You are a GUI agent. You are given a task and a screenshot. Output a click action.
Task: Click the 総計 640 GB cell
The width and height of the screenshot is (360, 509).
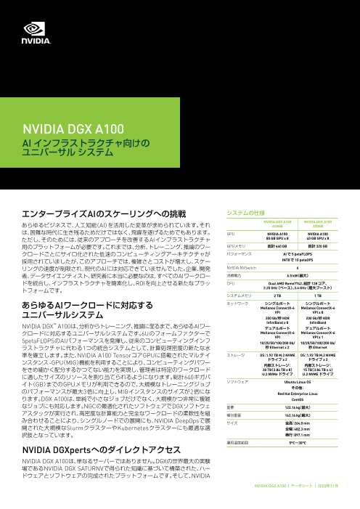[279, 246]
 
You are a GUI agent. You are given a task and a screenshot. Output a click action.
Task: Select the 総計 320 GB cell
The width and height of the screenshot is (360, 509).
[320, 246]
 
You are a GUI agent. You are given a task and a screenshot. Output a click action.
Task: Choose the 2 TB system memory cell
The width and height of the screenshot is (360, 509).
[279, 296]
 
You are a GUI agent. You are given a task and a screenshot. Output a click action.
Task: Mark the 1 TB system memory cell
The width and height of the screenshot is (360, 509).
[320, 296]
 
